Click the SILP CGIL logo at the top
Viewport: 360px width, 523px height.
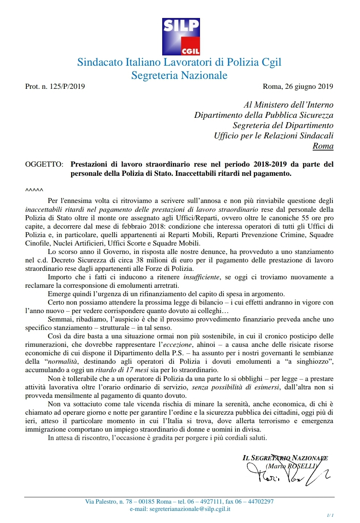click(181, 36)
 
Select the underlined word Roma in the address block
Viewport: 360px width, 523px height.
click(323, 146)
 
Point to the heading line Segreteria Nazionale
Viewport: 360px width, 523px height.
click(179, 75)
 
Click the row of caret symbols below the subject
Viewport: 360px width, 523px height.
click(34, 190)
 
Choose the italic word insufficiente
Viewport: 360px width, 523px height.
click(201, 277)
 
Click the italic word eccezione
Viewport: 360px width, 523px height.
click(177, 345)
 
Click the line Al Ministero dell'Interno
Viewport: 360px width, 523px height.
click(288, 105)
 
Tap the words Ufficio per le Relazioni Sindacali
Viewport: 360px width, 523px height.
click(273, 136)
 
